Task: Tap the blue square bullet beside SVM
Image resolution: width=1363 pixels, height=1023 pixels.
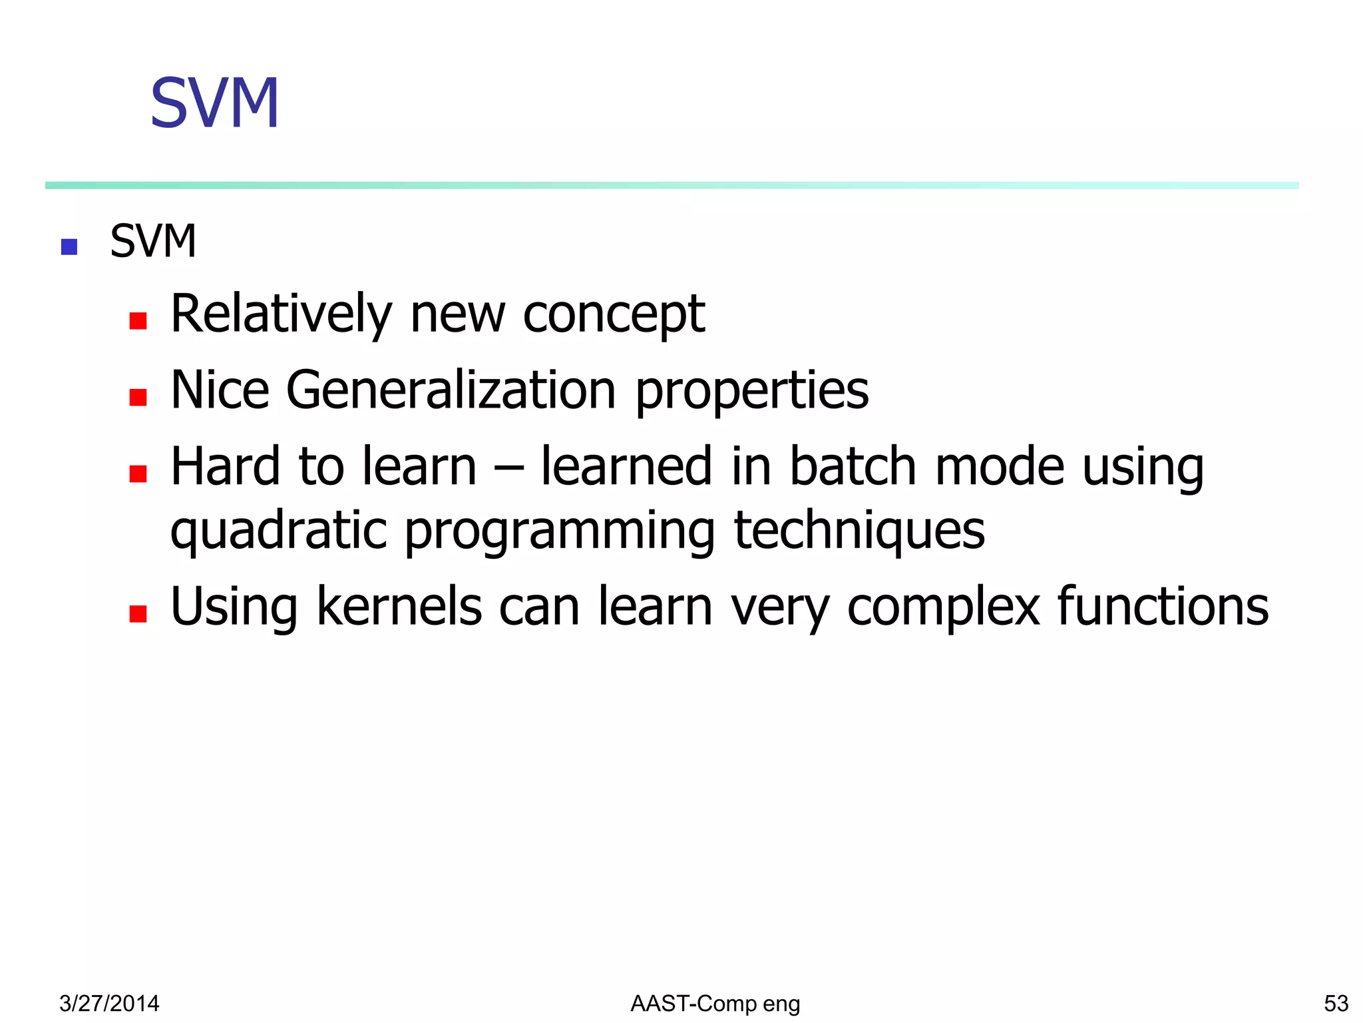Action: tap(69, 247)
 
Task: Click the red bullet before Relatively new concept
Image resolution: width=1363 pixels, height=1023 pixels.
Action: tap(138, 321)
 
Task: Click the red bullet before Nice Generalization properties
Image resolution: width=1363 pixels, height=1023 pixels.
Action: tap(138, 398)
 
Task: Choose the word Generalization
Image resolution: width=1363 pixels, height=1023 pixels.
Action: tap(451, 390)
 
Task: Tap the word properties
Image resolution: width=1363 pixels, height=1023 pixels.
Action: tap(752, 392)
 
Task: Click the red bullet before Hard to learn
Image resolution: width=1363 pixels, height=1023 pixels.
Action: tap(138, 474)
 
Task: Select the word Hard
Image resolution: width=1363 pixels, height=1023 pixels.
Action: tap(225, 466)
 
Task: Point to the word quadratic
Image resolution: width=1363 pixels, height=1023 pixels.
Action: tap(278, 531)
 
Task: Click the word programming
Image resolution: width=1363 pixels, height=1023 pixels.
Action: tap(560, 531)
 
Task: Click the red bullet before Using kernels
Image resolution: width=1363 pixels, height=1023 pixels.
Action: tap(138, 613)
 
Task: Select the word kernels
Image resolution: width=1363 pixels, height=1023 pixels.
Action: tap(399, 606)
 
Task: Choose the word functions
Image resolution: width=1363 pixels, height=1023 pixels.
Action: tap(1163, 606)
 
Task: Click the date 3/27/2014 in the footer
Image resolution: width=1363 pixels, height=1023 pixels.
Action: tap(109, 1003)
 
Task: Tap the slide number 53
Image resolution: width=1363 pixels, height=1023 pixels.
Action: tap(1336, 1003)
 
